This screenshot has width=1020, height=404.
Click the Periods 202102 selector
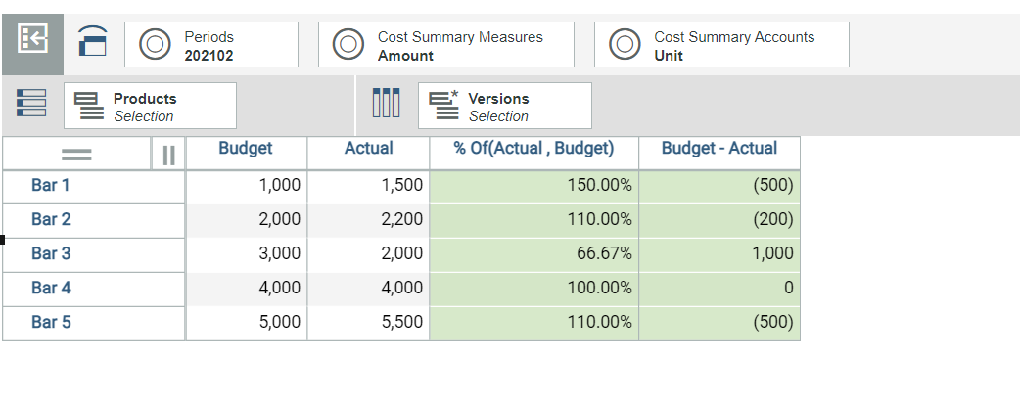211,44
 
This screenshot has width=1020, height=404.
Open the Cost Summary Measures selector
446,44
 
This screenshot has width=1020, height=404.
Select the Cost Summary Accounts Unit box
721,44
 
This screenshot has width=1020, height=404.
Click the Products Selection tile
151,106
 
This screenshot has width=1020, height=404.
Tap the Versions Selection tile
505,106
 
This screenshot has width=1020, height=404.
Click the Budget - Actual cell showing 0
719,289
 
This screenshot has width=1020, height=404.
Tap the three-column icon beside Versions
386,104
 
